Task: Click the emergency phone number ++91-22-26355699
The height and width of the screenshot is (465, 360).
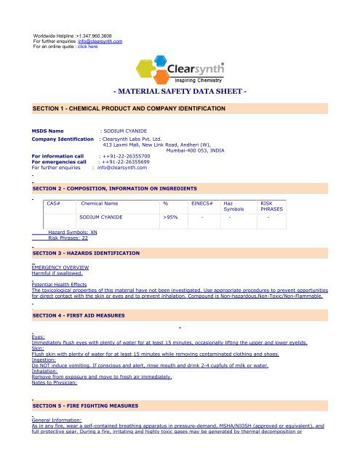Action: (124, 161)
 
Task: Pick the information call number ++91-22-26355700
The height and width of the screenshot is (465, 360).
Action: (124, 155)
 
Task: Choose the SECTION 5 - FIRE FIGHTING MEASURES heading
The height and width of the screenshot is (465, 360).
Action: (87, 404)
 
